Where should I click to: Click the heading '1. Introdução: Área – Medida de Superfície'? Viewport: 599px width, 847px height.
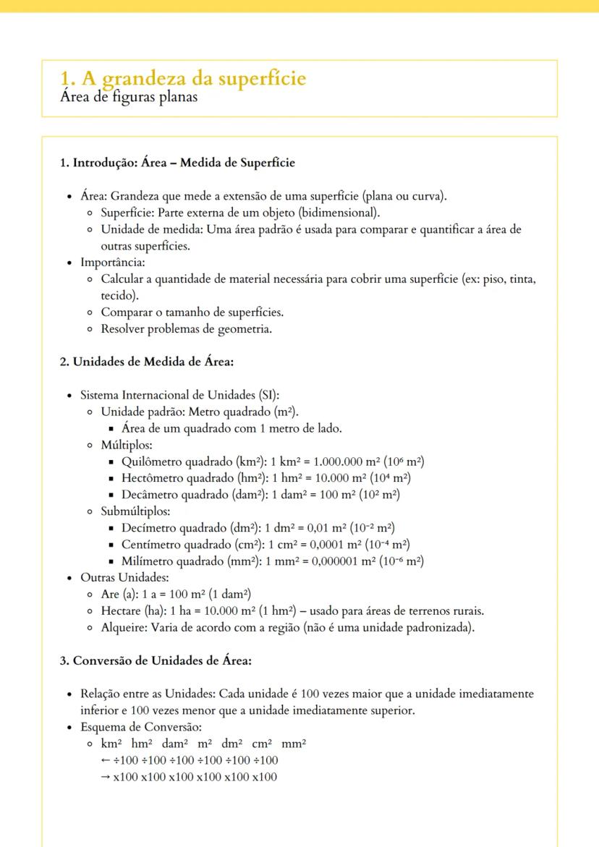(177, 163)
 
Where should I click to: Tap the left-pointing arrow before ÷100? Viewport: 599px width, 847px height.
(106, 760)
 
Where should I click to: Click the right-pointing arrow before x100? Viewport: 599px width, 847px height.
(106, 777)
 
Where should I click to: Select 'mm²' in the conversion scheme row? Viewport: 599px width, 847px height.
(294, 744)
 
